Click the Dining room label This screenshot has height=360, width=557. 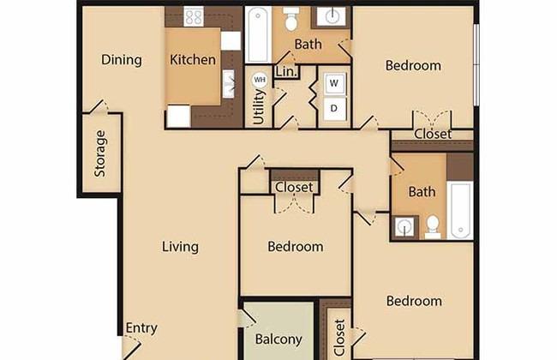click(x=122, y=60)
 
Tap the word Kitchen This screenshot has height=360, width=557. click(x=193, y=59)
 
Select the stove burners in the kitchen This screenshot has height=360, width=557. click(x=194, y=16)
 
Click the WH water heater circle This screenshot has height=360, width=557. click(x=260, y=80)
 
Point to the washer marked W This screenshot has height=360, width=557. click(x=334, y=83)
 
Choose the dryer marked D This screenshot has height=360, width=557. click(x=334, y=108)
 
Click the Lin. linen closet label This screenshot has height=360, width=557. click(x=286, y=71)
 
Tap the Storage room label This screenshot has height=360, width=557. click(x=100, y=153)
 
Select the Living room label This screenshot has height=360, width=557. click(x=180, y=247)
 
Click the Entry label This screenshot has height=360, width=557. click(x=141, y=328)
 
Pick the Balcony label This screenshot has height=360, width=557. click(x=278, y=339)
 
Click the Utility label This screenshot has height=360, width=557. click(x=259, y=107)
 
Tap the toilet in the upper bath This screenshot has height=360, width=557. click(x=291, y=19)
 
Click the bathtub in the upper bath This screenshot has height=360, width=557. click(x=258, y=34)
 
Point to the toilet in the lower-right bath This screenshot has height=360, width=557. click(x=433, y=227)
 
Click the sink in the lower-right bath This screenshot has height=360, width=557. click(x=404, y=226)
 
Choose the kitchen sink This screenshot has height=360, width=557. click(x=229, y=84)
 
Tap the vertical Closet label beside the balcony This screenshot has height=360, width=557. click(x=340, y=338)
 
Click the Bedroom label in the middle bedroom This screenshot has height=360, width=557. click(x=296, y=247)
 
